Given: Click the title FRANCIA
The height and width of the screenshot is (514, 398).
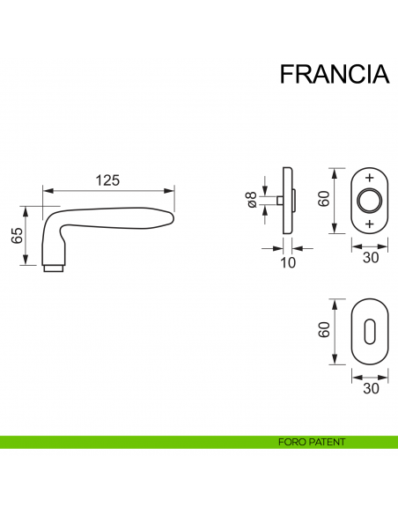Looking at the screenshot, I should point(334,74).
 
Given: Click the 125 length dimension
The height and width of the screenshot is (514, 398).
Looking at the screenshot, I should point(107,180).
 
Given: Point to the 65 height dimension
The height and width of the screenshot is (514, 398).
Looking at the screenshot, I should point(16,236).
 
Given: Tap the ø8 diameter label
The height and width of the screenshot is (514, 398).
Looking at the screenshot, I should point(252,201).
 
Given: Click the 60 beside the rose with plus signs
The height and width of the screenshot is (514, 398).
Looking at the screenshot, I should point(324,200).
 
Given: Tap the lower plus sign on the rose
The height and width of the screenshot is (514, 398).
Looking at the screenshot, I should point(369,224).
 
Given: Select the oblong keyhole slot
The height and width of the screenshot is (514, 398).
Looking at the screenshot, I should point(369,332).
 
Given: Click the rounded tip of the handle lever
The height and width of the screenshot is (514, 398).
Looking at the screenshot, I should point(170,217).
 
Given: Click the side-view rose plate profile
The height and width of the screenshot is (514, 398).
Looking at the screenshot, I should point(287,201).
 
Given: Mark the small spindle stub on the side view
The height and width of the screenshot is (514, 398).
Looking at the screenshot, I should point(278,201).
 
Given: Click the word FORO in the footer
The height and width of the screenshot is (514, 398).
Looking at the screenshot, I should point(288,442).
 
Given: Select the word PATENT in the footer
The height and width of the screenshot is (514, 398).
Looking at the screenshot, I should point(325,442).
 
